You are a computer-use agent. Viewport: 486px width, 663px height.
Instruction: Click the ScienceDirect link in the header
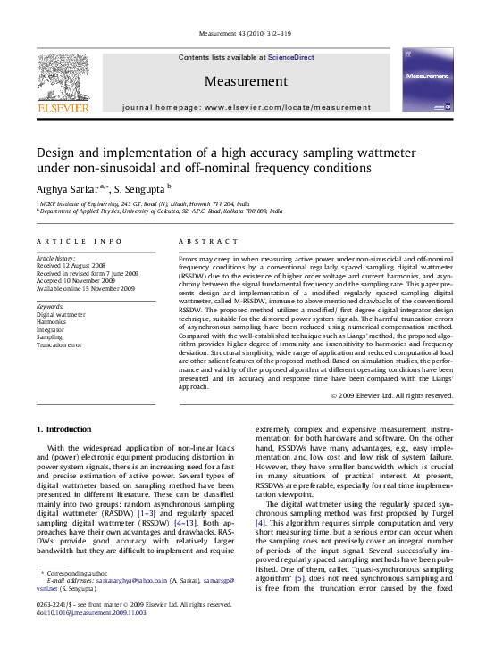[x=291, y=57]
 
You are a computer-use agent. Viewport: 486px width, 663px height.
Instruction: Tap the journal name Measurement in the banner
[x=246, y=81]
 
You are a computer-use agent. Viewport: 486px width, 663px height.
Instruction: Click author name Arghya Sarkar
[x=66, y=188]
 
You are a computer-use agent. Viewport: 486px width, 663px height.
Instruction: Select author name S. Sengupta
[x=143, y=188]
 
